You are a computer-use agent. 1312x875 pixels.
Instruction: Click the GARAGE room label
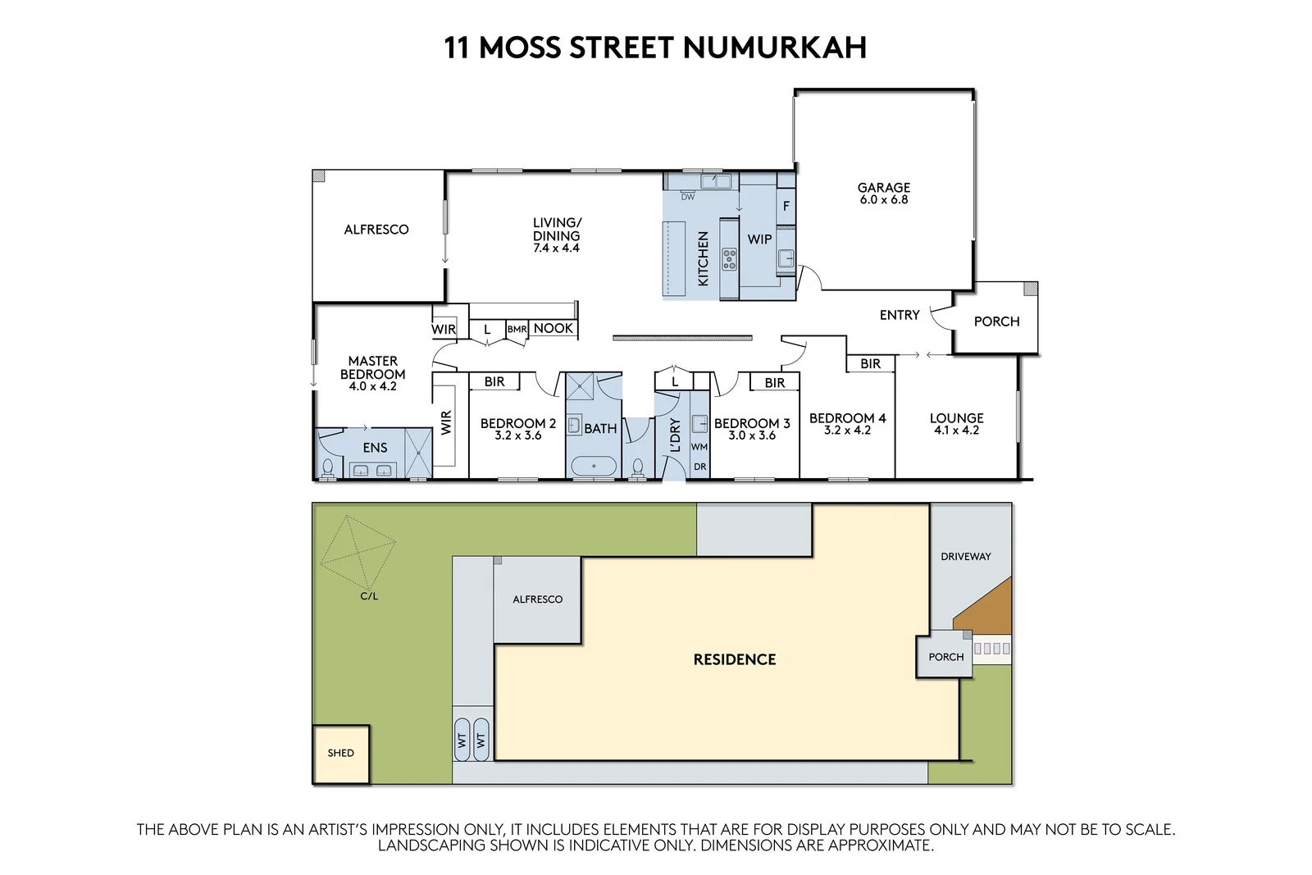click(883, 188)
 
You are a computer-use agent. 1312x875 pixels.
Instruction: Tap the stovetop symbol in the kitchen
click(729, 260)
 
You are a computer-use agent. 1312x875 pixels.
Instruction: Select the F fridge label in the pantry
click(786, 206)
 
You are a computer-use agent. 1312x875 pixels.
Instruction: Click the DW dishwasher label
click(687, 197)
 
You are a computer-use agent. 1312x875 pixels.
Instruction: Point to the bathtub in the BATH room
click(593, 467)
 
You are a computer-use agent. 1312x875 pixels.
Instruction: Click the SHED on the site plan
click(340, 753)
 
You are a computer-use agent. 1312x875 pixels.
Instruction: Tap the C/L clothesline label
click(369, 596)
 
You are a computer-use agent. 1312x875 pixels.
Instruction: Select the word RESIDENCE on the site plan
click(734, 659)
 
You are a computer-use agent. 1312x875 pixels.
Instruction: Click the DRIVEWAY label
click(965, 557)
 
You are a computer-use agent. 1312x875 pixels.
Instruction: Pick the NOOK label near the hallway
click(553, 328)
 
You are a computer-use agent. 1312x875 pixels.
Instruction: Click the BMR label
click(517, 330)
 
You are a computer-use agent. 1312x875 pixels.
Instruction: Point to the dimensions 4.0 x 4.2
click(372, 386)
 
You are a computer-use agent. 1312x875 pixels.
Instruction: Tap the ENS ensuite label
click(375, 448)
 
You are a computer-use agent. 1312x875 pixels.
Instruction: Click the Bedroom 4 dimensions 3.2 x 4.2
click(847, 431)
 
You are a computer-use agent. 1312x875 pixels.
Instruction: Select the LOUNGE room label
click(956, 417)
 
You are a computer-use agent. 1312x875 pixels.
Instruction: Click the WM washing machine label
click(699, 447)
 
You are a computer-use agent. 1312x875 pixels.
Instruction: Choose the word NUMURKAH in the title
click(774, 48)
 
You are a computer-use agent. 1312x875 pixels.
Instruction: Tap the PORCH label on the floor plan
click(996, 321)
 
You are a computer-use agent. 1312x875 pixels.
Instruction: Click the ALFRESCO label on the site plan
click(537, 599)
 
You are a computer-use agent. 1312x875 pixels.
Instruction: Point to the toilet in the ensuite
click(328, 468)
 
